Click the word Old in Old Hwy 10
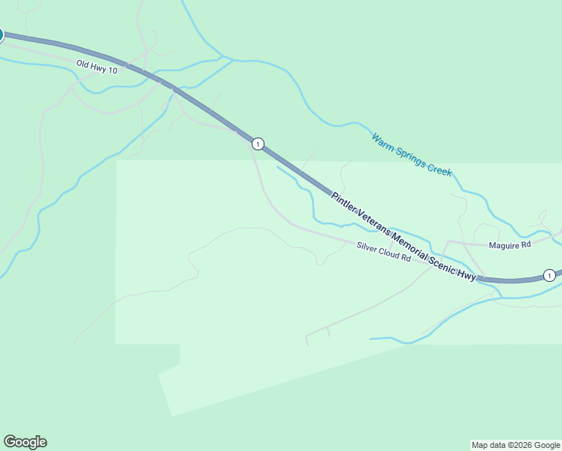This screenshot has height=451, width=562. tap(83, 64)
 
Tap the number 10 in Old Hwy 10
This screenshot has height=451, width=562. tap(113, 69)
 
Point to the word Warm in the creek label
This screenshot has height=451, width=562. tap(382, 141)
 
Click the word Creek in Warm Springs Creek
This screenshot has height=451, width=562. tap(440, 170)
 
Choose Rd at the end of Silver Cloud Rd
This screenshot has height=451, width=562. tap(406, 257)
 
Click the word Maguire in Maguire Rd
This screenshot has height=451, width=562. tap(504, 244)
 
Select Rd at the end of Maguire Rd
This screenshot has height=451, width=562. tap(526, 244)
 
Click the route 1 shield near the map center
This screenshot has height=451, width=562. tap(258, 144)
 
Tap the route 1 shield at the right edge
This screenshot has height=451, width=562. tap(549, 275)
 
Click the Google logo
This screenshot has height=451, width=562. tap(25, 442)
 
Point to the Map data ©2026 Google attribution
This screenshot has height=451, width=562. tap(515, 445)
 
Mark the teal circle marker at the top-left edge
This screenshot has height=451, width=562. tap(1, 35)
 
